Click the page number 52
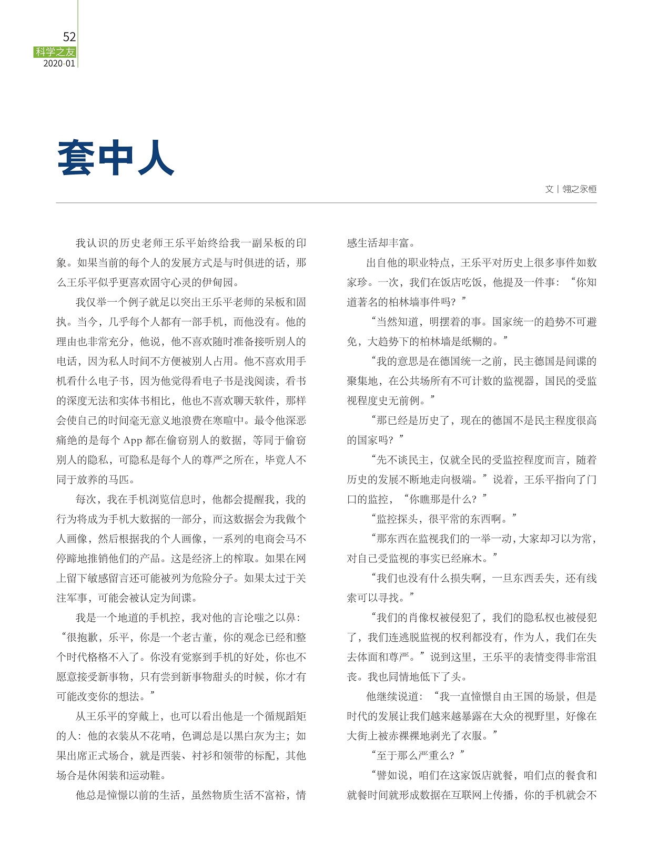[x=69, y=37]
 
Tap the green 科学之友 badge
[x=55, y=52]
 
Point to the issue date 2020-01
[x=59, y=64]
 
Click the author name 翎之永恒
[x=579, y=189]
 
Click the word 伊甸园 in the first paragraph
[x=218, y=283]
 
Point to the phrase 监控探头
[x=397, y=519]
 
